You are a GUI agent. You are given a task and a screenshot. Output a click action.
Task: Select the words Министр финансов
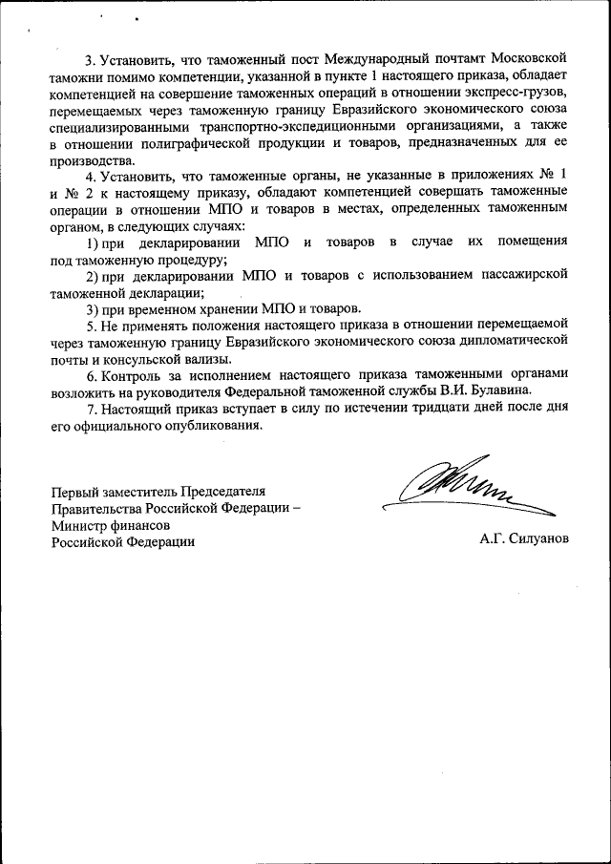point(112,524)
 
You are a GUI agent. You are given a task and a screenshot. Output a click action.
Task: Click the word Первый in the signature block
point(74,491)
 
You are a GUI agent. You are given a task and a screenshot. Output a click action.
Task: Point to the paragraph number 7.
point(91,407)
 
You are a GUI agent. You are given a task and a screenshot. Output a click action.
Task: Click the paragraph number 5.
point(91,325)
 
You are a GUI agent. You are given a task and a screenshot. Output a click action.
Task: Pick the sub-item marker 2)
point(93,275)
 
